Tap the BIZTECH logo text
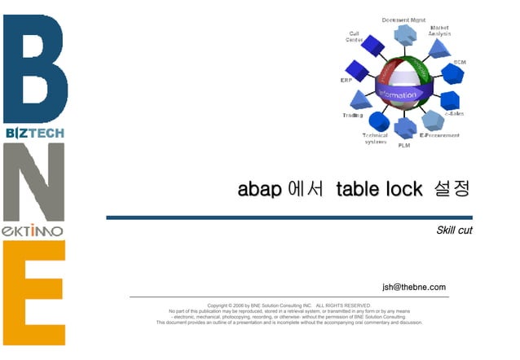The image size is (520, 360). pyautogui.click(x=33, y=133)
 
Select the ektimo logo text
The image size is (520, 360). pyautogui.click(x=33, y=231)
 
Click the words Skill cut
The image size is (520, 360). pyautogui.click(x=454, y=230)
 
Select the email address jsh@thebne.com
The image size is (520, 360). pyautogui.click(x=414, y=287)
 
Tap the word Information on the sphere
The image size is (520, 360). pyautogui.click(x=399, y=94)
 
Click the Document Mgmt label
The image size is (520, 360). pyautogui.click(x=403, y=20)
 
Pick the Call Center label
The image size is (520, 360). pyautogui.click(x=355, y=36)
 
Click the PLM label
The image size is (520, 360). pyautogui.click(x=403, y=145)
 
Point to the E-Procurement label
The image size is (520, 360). pyautogui.click(x=439, y=135)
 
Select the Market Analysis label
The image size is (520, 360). pyautogui.click(x=439, y=30)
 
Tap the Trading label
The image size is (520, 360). pyautogui.click(x=352, y=115)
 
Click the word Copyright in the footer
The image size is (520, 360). pyautogui.click(x=223, y=305)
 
